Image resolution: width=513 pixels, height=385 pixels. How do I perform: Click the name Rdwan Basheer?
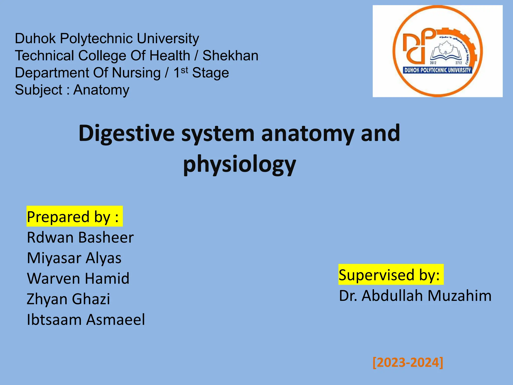click(x=80, y=238)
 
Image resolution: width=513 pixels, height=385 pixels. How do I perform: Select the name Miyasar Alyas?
click(x=74, y=258)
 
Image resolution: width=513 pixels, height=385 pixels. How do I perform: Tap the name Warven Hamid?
click(x=78, y=278)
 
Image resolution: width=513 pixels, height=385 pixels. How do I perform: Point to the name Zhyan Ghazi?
click(x=68, y=299)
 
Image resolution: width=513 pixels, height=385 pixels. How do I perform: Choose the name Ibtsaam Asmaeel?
click(x=86, y=320)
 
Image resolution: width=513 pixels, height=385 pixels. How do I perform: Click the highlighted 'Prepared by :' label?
click(x=74, y=217)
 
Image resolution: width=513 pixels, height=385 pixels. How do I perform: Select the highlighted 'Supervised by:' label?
click(x=391, y=275)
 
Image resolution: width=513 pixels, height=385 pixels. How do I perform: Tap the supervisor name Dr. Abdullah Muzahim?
click(x=415, y=296)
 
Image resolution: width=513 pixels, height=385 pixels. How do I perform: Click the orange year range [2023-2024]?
click(x=408, y=362)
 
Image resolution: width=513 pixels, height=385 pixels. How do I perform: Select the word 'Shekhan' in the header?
click(x=230, y=56)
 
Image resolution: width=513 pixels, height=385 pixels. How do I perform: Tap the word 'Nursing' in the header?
click(x=136, y=73)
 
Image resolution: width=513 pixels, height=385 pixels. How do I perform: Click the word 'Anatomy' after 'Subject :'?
click(x=101, y=90)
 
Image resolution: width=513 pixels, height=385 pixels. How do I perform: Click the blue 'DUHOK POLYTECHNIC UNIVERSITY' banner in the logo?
click(x=437, y=70)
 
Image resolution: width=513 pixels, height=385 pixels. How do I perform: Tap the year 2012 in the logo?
click(x=433, y=63)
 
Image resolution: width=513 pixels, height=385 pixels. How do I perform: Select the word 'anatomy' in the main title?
click(x=307, y=134)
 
